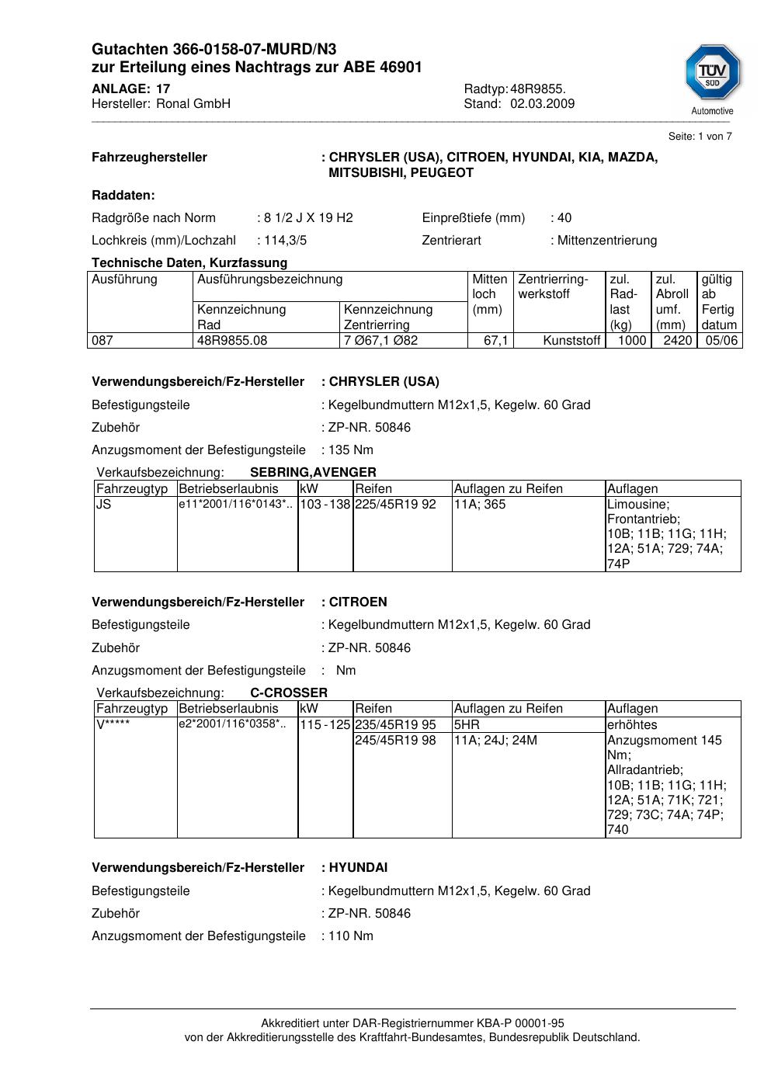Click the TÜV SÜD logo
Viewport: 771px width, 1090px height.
pos(712,73)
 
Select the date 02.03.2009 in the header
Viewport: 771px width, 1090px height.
pos(542,104)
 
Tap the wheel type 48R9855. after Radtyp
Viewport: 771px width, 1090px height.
pos(537,89)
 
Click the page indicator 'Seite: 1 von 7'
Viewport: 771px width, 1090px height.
pos(700,137)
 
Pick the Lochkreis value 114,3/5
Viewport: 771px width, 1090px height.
pos(285,241)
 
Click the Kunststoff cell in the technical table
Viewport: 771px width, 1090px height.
pos(571,341)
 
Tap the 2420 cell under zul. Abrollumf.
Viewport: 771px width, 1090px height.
pos(677,341)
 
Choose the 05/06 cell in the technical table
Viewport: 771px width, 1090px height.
pos(721,341)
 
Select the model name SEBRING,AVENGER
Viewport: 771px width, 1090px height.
pos(313,473)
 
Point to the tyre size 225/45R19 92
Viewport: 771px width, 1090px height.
pos(395,505)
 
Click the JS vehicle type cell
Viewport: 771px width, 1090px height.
pos(103,505)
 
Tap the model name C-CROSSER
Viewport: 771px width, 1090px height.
pos(289,693)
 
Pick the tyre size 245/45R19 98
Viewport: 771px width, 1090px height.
pos(395,741)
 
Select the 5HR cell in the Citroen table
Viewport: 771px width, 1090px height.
pos(467,725)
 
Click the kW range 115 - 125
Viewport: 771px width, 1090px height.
pos(325,725)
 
